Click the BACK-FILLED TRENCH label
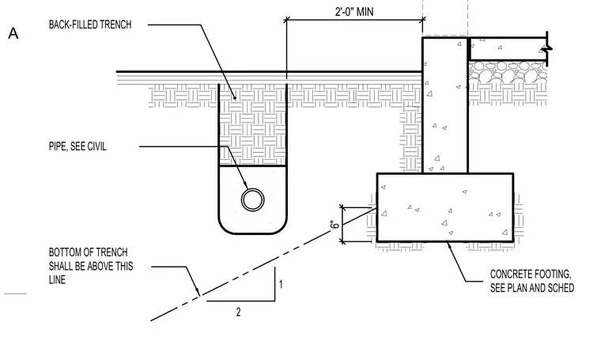click(x=90, y=25)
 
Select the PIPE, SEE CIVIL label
click(x=77, y=146)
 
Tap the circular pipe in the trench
click(x=252, y=199)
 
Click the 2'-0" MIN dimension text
click(x=354, y=12)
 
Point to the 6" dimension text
click(x=335, y=224)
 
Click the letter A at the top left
click(x=13, y=33)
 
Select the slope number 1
click(x=281, y=285)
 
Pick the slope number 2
click(x=238, y=312)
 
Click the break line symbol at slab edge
click(x=547, y=49)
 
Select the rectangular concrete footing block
click(x=445, y=207)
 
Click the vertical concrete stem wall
click(x=445, y=104)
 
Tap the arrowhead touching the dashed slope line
click(x=198, y=292)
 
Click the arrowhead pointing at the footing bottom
click(x=448, y=245)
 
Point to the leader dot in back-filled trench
click(x=236, y=98)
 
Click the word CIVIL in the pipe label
click(x=97, y=146)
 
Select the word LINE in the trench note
click(x=57, y=280)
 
